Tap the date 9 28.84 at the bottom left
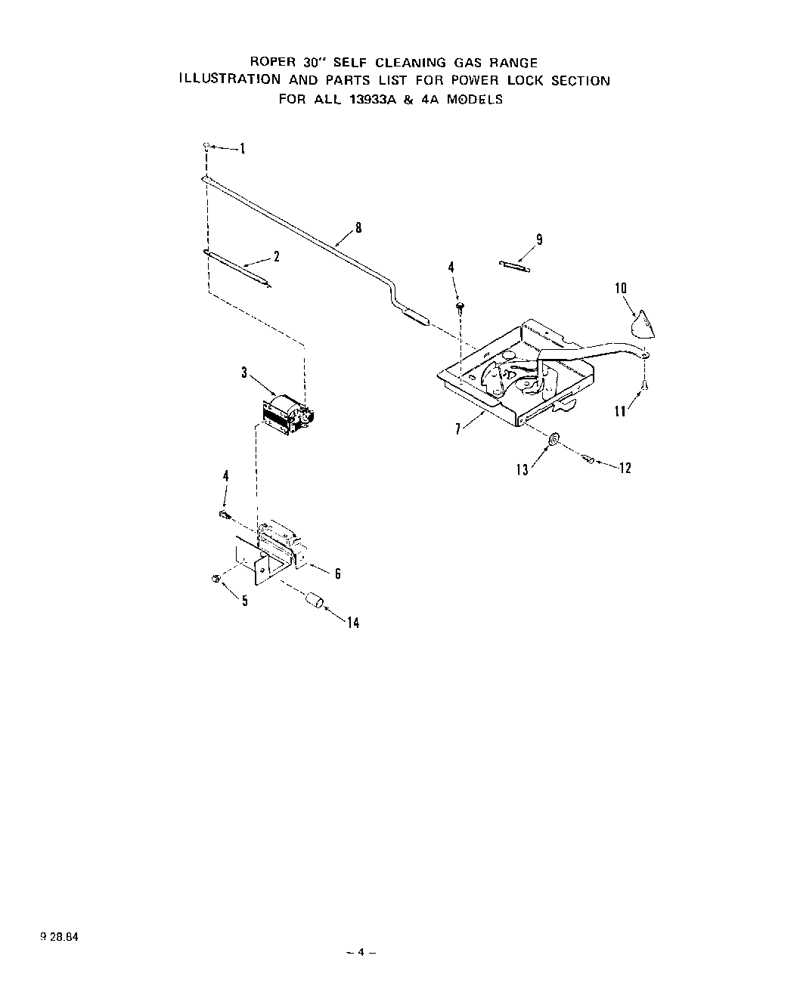pos(57,936)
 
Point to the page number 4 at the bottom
pos(361,953)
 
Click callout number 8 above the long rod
pos(358,226)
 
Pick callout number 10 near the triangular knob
pos(621,288)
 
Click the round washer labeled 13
pos(554,440)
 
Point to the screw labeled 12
pos(590,459)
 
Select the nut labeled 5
pos(216,579)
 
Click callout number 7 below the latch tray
pos(458,430)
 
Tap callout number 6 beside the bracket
pos(337,574)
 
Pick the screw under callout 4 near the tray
pos(459,306)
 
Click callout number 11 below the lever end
pos(620,412)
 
